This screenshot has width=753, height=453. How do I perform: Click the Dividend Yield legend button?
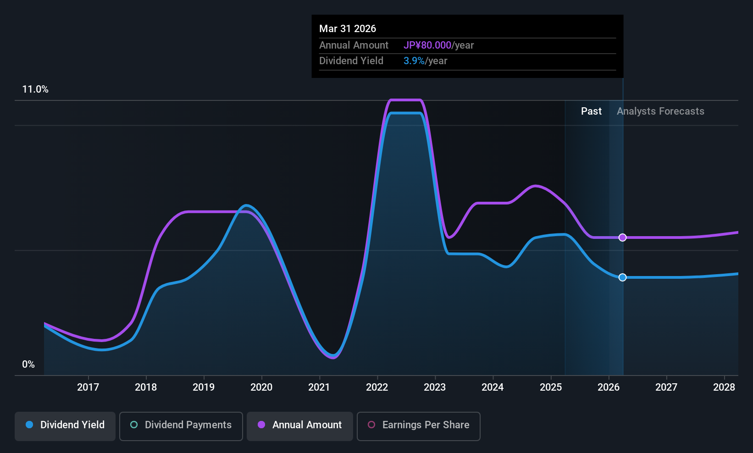tap(65, 426)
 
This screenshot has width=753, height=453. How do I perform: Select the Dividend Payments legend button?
tap(181, 426)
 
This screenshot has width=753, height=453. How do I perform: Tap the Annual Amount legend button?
tap(300, 426)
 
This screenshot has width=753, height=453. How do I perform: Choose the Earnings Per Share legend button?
tap(419, 426)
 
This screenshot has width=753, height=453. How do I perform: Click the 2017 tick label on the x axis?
tap(88, 387)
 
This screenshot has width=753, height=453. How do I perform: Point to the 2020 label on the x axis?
tap(261, 387)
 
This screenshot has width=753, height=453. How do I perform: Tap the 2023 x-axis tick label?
tap(435, 387)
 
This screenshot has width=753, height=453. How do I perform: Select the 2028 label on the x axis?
tap(724, 387)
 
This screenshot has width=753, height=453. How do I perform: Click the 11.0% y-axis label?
tap(35, 89)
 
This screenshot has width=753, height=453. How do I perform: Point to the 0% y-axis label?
tap(28, 365)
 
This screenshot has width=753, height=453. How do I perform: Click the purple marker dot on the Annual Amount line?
tap(623, 238)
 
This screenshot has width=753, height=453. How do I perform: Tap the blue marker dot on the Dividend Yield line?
tap(623, 277)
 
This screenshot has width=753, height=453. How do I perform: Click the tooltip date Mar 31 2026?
tap(348, 29)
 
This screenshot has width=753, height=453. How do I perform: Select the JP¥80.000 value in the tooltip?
tap(427, 45)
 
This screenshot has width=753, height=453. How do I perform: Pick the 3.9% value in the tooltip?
tap(414, 61)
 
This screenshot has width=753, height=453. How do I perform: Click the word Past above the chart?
tap(591, 111)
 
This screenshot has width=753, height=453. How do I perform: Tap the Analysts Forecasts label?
tap(660, 111)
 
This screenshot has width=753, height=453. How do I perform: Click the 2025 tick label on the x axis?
tap(551, 387)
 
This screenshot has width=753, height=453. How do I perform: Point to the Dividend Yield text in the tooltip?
tap(351, 61)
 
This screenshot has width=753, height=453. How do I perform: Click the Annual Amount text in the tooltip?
tap(354, 45)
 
